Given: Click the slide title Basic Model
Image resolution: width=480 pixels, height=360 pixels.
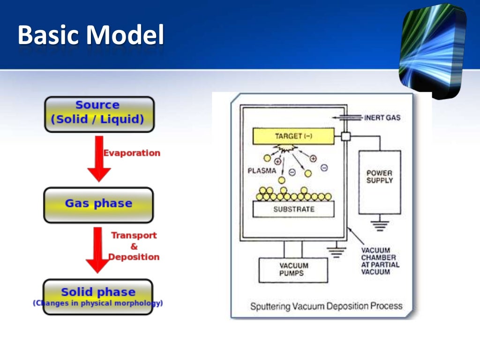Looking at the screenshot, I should tap(91, 36).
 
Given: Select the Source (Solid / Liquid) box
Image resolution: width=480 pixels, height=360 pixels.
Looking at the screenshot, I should tap(99, 113).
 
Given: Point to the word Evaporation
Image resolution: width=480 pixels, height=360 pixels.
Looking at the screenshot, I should tap(132, 153).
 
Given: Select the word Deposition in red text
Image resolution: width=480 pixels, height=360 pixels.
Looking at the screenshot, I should tap(135, 257).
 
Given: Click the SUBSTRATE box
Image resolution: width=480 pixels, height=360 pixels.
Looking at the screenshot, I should tap(293, 209).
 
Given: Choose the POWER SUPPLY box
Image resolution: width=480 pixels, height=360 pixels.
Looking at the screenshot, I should tap(379, 182).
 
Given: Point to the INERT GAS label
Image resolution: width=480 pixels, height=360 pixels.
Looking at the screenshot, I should tap(382, 118).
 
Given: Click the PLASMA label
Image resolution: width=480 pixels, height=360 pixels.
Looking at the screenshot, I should tap(262, 171).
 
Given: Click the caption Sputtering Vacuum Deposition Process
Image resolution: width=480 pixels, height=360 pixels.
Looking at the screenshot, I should tap(326, 307).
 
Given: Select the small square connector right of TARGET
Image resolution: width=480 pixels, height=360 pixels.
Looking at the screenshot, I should tap(346, 136).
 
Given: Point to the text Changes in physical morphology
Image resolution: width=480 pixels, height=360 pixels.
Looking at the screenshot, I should tap(98, 303).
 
